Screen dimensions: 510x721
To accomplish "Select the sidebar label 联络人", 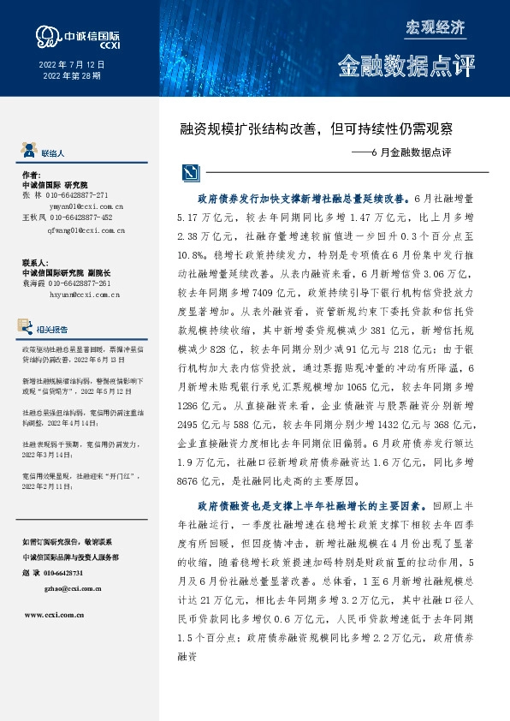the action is coord(53,152).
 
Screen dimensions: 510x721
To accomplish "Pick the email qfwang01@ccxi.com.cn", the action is coord(78,230).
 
